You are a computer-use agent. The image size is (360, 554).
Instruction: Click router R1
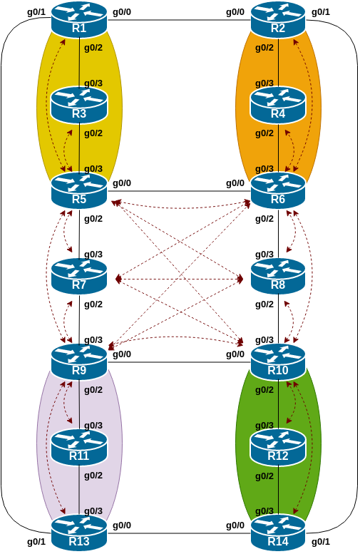click(78, 19)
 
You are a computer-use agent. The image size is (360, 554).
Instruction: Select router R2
click(278, 19)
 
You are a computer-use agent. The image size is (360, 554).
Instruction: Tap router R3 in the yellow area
click(78, 105)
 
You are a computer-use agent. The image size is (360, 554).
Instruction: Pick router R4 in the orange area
click(278, 105)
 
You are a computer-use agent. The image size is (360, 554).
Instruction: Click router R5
click(78, 190)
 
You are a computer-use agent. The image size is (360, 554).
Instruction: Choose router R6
click(278, 190)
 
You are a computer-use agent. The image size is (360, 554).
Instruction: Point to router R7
click(78, 277)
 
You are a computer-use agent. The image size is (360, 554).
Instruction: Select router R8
click(278, 277)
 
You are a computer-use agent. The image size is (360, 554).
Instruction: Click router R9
click(78, 361)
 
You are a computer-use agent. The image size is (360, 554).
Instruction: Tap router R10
click(278, 361)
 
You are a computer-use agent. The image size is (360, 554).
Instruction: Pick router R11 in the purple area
click(78, 447)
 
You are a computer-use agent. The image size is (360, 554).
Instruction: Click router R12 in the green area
click(278, 447)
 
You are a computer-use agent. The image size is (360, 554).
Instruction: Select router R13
click(78, 533)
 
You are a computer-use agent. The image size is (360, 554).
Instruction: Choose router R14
click(278, 533)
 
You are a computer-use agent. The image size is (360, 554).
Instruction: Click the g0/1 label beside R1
click(36, 11)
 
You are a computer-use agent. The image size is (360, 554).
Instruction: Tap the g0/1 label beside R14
click(321, 542)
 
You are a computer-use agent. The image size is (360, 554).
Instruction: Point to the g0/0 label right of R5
click(122, 183)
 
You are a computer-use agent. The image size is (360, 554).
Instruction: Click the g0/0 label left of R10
click(235, 354)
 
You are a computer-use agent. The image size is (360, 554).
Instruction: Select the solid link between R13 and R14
click(178, 533)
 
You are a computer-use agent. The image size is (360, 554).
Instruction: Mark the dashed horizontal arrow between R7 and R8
click(178, 278)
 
